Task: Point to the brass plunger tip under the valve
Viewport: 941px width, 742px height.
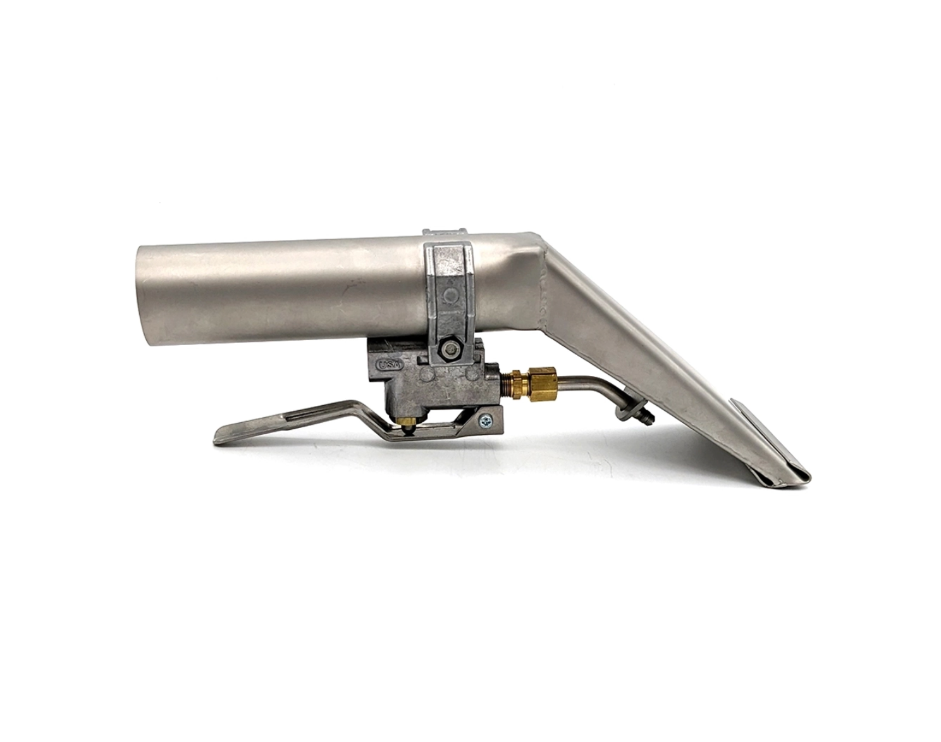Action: (410, 422)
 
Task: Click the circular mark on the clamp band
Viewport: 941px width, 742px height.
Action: (450, 296)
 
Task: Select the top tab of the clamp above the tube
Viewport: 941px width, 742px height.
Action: (445, 229)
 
